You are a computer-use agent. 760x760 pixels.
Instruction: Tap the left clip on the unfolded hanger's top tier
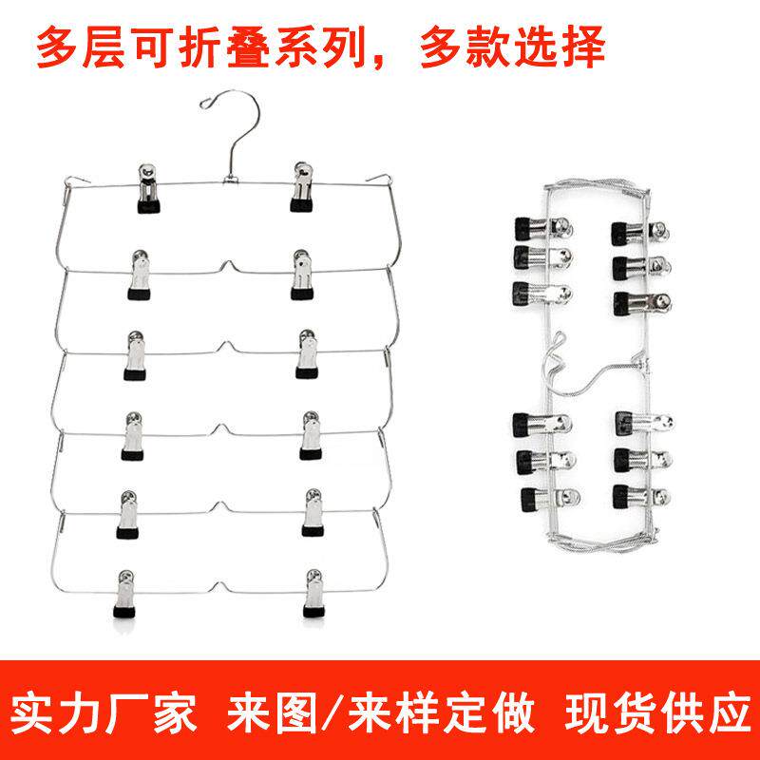coord(148,188)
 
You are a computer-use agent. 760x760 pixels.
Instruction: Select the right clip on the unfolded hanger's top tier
coord(302,187)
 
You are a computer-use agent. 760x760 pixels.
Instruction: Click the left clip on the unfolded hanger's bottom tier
coord(125,594)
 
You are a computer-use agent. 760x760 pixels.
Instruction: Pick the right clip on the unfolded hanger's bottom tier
coord(313,593)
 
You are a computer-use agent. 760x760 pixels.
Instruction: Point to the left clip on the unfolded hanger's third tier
coord(134,355)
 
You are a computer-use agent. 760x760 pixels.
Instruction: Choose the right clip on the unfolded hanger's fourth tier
coord(311,435)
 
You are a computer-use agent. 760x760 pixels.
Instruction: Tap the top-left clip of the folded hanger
coord(542,229)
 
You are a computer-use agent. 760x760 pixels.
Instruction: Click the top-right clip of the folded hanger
coord(640,234)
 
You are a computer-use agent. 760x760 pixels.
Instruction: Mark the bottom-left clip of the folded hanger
coord(550,500)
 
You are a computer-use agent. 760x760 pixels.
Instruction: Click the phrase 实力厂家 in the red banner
coord(104,713)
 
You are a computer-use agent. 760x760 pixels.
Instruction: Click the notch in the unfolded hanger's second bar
coord(226,266)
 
